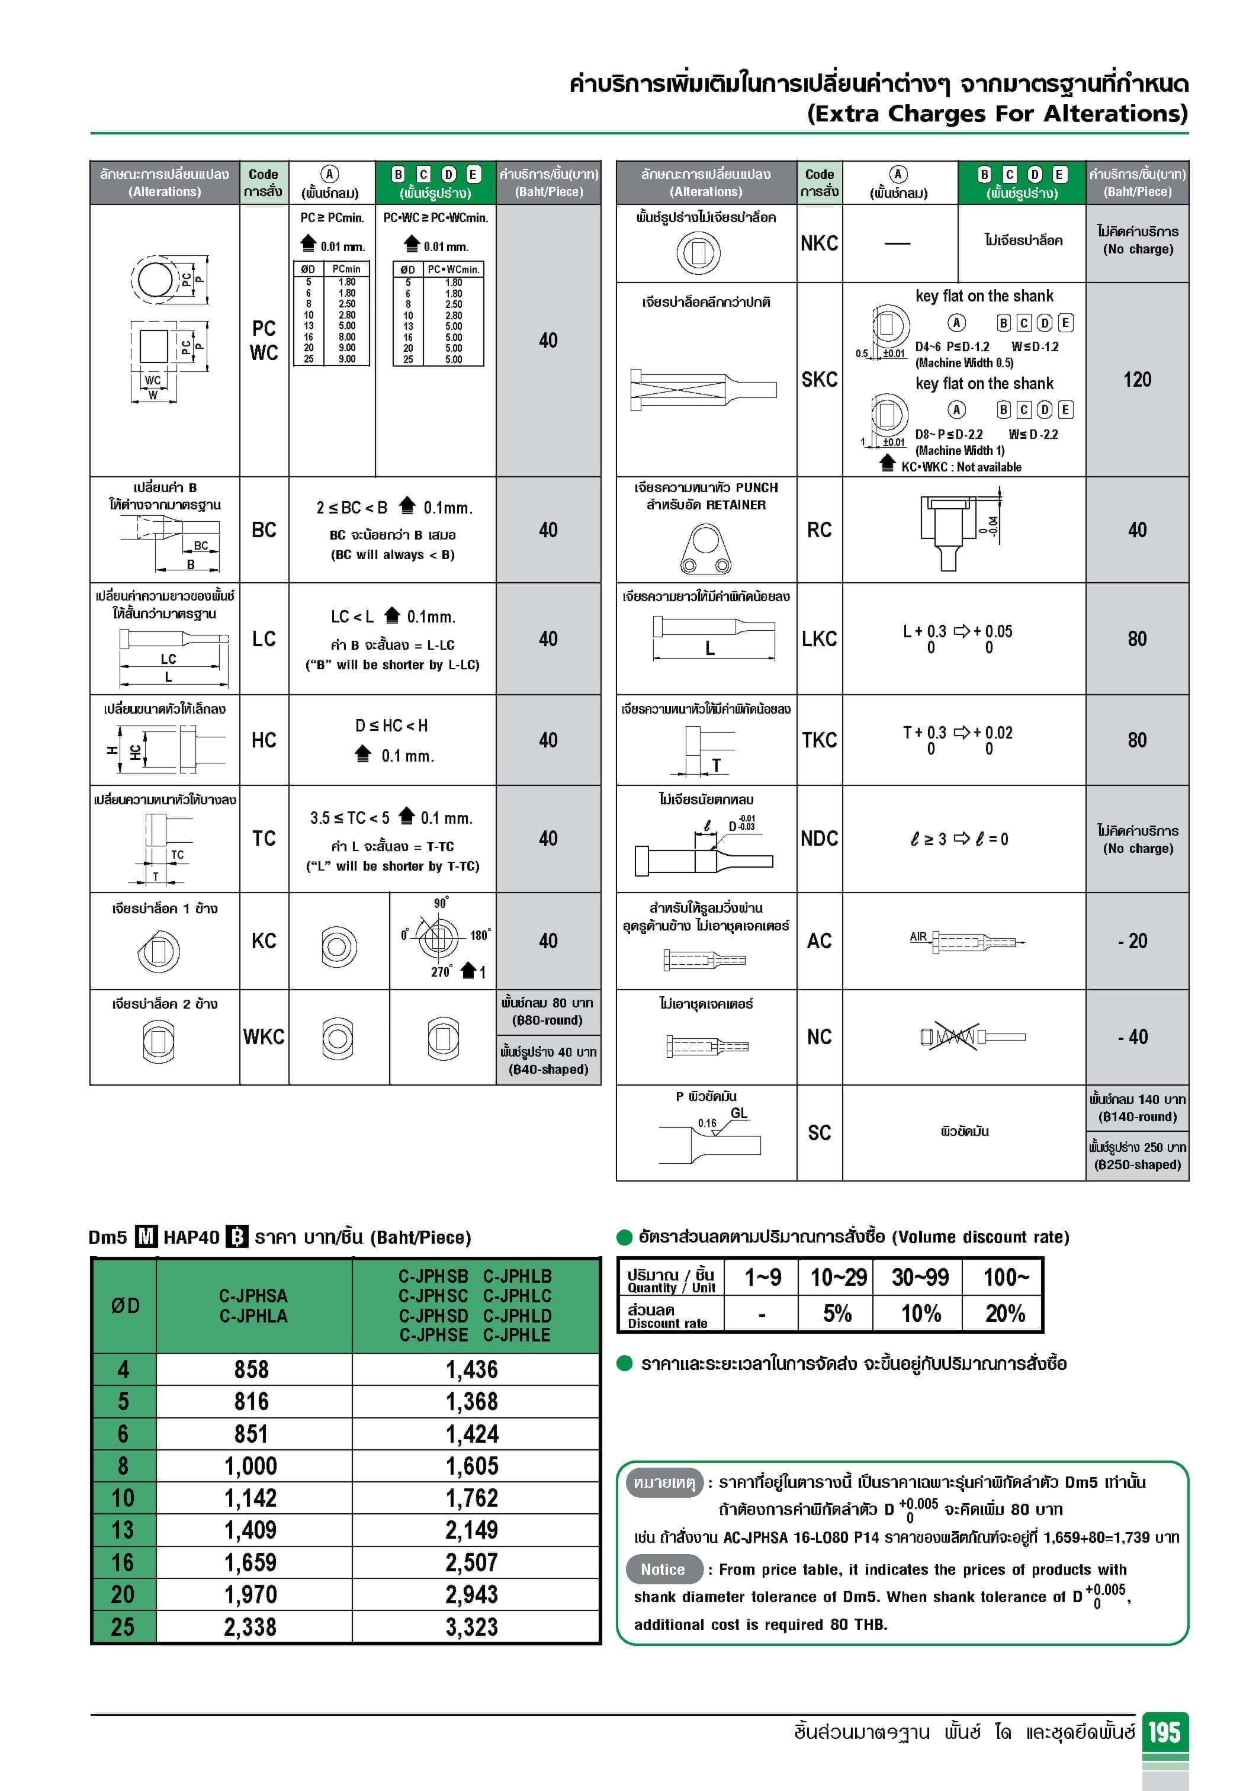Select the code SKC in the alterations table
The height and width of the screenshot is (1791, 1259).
coord(819,380)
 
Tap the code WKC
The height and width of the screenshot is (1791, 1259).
coord(264,1036)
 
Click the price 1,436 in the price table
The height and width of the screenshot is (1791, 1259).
coord(472,1369)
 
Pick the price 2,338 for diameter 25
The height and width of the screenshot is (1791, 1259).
coord(250,1626)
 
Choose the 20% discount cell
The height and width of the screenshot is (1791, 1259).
coord(1005,1314)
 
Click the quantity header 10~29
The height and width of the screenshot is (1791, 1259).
coord(839,1277)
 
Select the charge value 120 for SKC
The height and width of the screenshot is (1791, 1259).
coord(1136,380)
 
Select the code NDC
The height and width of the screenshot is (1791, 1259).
coord(819,839)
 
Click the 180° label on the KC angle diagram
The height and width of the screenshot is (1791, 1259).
coord(480,935)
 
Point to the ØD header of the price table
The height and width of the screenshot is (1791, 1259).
coord(125,1305)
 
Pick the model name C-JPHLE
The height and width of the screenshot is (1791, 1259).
coord(517,1335)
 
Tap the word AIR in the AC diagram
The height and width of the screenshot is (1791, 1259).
coord(918,937)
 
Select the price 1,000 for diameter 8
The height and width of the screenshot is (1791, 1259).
coord(250,1466)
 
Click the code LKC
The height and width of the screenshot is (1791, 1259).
coord(819,639)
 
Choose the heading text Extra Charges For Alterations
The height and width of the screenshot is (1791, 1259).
coord(997,114)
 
